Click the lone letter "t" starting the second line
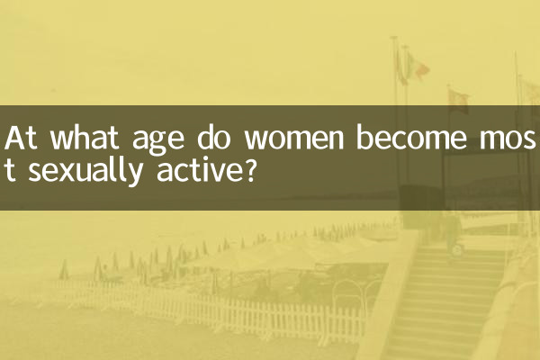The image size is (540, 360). click(11, 171)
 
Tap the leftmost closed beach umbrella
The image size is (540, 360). click(63, 269)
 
